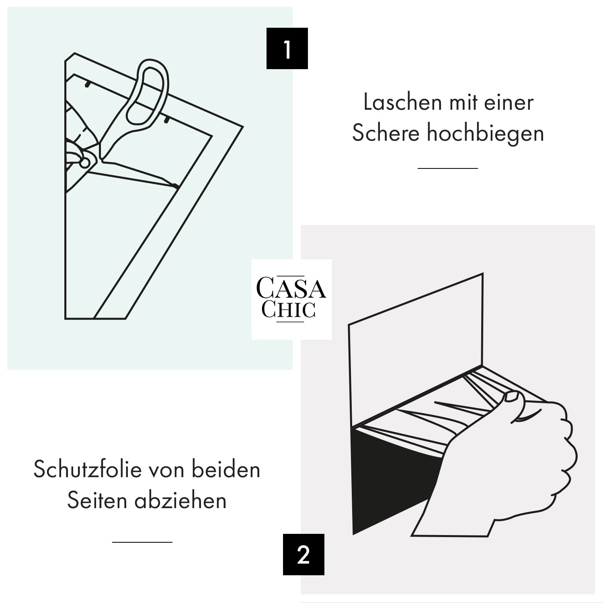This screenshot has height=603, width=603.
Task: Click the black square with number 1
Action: click(287, 49)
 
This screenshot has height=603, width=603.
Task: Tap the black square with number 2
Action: click(304, 554)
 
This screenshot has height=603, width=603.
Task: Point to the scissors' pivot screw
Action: click(85, 162)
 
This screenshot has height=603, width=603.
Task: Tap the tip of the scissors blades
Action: click(177, 187)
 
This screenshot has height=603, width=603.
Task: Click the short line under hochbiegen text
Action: click(447, 168)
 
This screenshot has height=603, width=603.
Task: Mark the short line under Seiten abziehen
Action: click(142, 542)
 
